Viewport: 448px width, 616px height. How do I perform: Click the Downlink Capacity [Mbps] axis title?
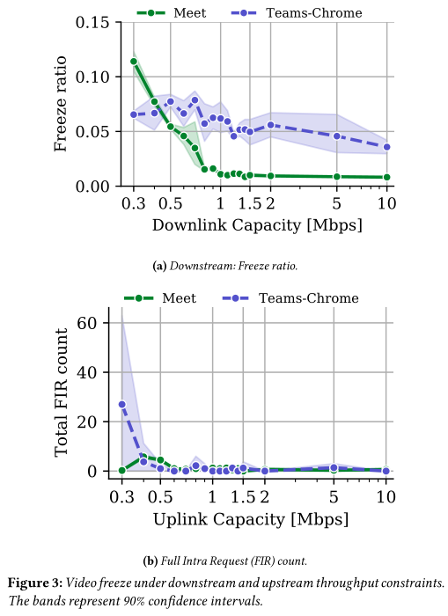click(x=257, y=225)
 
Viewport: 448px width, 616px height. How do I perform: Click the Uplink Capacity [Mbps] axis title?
click(x=251, y=519)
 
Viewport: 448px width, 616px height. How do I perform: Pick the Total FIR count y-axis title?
click(x=61, y=392)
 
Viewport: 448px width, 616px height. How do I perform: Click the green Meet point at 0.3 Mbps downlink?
click(x=134, y=62)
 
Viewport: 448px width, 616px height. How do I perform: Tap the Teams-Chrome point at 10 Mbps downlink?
click(x=386, y=147)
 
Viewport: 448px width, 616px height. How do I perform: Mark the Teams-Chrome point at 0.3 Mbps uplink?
click(x=122, y=404)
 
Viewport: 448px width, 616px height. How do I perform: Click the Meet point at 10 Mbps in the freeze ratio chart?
click(x=386, y=177)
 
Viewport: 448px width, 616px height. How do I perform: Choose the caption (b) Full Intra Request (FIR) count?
click(x=225, y=561)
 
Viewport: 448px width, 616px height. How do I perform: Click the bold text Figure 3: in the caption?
click(x=33, y=583)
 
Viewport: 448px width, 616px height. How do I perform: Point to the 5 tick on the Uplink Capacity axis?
click(x=334, y=496)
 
